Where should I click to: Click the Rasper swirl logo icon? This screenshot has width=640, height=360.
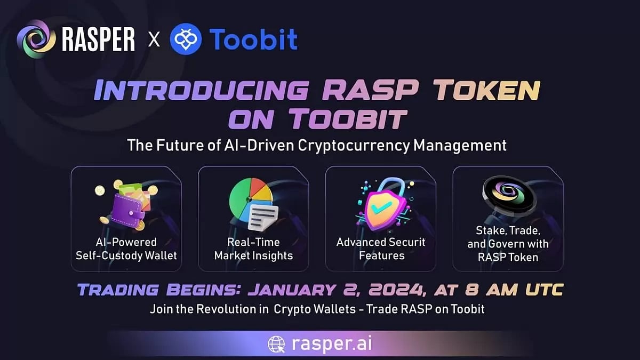pyautogui.click(x=36, y=39)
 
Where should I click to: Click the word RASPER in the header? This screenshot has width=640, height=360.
pyautogui.click(x=99, y=41)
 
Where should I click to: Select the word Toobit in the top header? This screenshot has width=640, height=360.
pyautogui.click(x=253, y=40)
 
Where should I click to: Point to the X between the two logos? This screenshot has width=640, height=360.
pyautogui.click(x=154, y=41)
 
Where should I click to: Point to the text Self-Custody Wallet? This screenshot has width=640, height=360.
pyautogui.click(x=126, y=255)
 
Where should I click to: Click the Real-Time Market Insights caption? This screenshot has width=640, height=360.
pyautogui.click(x=253, y=249)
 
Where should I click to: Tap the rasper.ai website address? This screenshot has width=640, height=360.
pyautogui.click(x=332, y=343)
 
